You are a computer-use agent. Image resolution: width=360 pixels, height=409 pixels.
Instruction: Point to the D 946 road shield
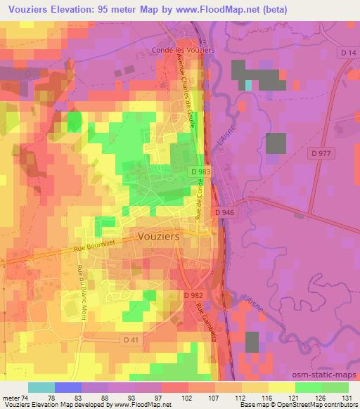click(x=224, y=212)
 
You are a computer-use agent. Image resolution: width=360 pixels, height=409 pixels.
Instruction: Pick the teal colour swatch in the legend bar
click(x=41, y=387)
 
